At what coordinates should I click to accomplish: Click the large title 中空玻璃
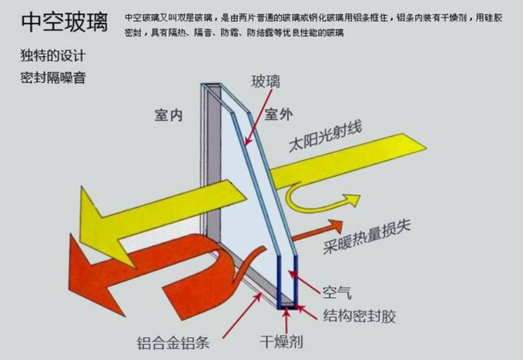(x=64, y=21)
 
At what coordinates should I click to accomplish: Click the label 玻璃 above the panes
(x=265, y=82)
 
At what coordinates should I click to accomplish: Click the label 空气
(x=338, y=292)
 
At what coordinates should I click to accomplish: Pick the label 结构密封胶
(x=358, y=315)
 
